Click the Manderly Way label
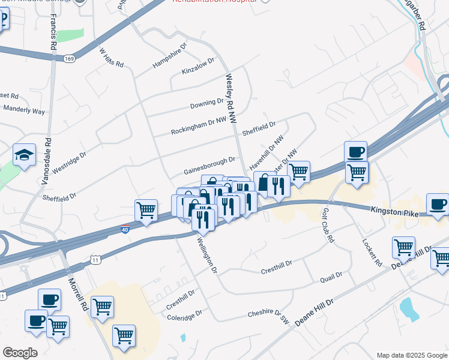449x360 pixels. point(24,110)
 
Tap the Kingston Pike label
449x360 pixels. point(393,211)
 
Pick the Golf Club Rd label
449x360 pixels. point(327,226)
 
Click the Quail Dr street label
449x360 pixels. point(331,276)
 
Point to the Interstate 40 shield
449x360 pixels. point(124,229)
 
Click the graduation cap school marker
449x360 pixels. point(25,155)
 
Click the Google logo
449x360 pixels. point(20,353)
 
